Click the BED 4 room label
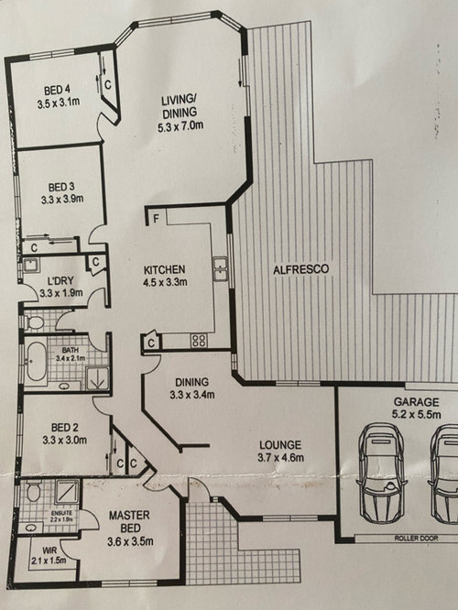tap(57, 91)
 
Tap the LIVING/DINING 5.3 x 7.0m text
tap(180, 114)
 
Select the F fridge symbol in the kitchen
tap(156, 219)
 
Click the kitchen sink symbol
tap(220, 268)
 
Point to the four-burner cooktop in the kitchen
tap(199, 341)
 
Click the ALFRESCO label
tap(300, 269)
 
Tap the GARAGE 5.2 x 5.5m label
tap(417, 408)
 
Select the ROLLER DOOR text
tap(416, 539)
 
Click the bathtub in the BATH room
tap(37, 362)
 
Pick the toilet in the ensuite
tap(34, 491)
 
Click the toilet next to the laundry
tap(34, 322)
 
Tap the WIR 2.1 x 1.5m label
tap(49, 556)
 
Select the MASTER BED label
tap(129, 522)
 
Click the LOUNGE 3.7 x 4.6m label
tap(280, 452)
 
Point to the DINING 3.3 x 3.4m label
tap(191, 388)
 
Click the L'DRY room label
tap(60, 281)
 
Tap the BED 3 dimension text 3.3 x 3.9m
tap(62, 200)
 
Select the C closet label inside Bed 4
tap(108, 85)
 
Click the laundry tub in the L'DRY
tap(30, 266)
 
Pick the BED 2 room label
tap(65, 428)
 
